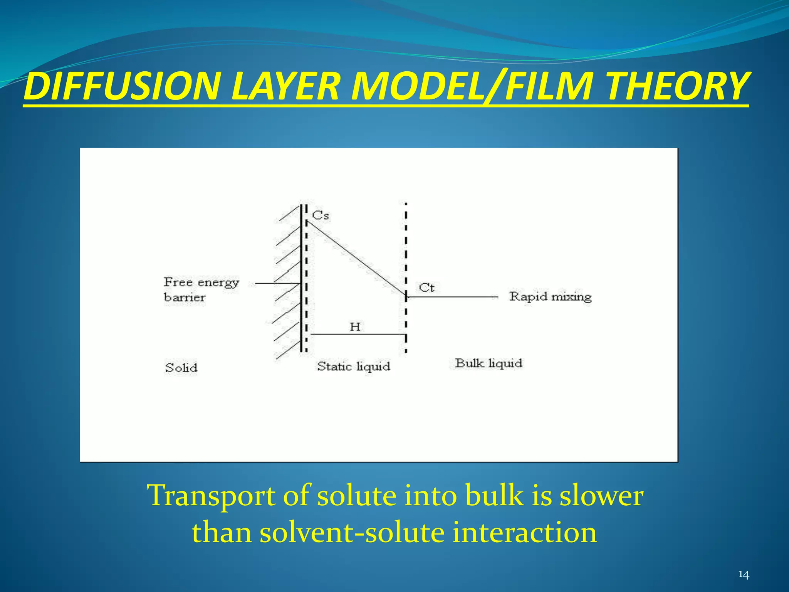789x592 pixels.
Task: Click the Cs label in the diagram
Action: [x=321, y=215]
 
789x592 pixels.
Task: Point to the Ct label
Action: [x=426, y=288]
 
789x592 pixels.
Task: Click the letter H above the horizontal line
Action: [x=355, y=327]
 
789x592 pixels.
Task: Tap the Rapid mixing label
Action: [x=550, y=297]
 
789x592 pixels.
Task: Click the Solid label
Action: [x=181, y=368]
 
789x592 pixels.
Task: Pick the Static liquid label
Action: [x=353, y=366]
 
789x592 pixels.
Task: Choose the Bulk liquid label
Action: [x=489, y=363]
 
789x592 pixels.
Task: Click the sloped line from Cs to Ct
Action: [x=356, y=259]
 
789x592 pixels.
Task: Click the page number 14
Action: [x=743, y=575]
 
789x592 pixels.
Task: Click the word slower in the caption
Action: [x=601, y=496]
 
